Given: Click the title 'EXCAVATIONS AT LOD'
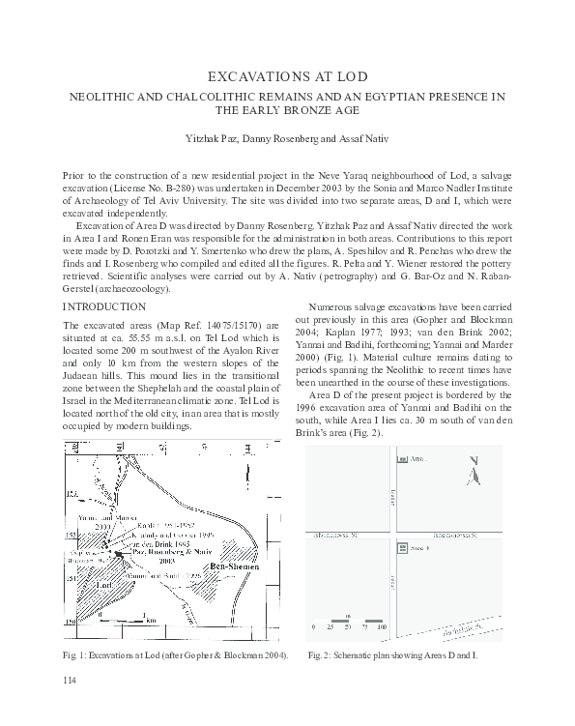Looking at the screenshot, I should (x=287, y=75).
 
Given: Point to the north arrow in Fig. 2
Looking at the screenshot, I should (x=473, y=472).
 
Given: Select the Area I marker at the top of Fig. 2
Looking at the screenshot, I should (x=402, y=463).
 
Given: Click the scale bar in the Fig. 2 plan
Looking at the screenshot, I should (x=349, y=618).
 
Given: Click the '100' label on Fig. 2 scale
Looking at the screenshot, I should (x=382, y=628).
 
